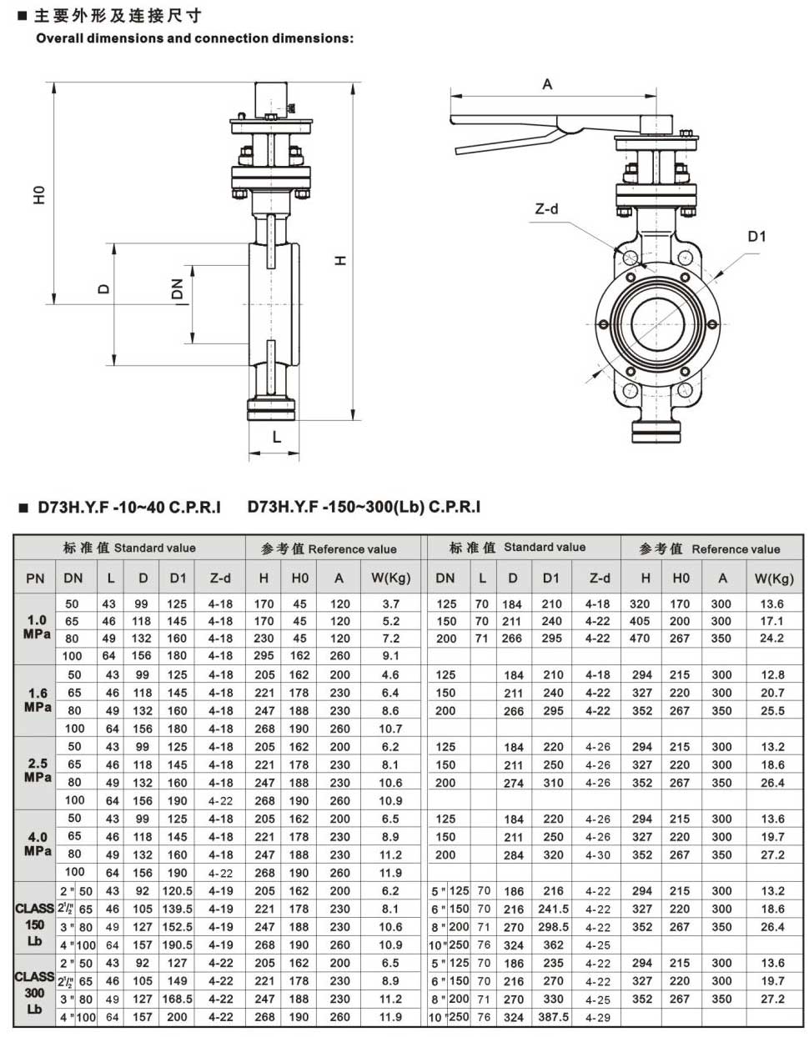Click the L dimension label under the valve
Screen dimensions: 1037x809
point(277,436)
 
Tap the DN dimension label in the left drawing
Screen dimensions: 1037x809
point(177,289)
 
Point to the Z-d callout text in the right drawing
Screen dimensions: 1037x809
point(546,208)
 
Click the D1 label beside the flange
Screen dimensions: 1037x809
point(756,237)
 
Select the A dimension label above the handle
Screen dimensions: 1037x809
point(547,84)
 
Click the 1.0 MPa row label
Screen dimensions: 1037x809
point(36,627)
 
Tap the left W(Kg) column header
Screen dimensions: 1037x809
point(390,578)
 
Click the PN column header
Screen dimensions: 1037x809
point(35,578)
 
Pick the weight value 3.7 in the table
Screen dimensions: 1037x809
point(390,604)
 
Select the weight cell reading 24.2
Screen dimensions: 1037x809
point(771,638)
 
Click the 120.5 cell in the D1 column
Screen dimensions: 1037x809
point(178,891)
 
